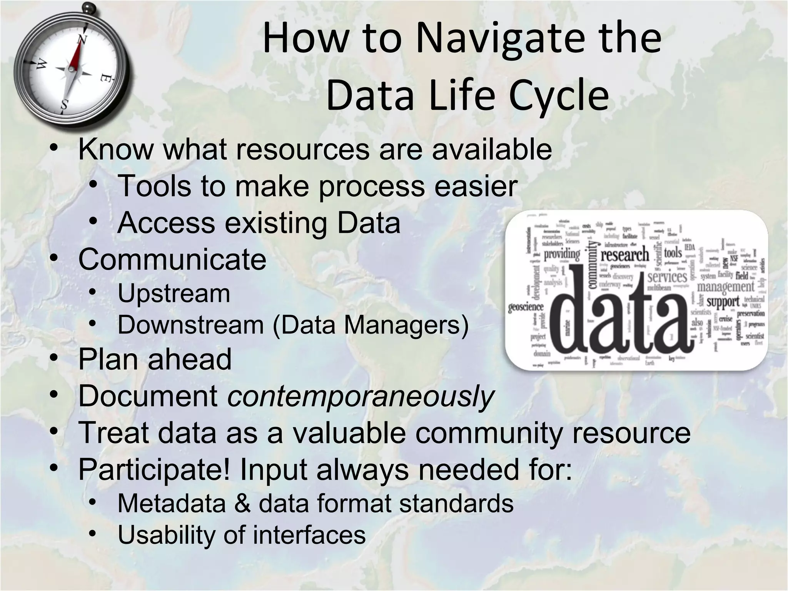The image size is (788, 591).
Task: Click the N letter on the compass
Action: click(82, 40)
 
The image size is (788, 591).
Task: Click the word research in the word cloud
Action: click(624, 255)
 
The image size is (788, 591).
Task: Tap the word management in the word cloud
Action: click(725, 287)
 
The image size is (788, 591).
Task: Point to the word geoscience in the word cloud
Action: click(526, 307)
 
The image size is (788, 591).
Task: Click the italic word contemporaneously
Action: click(360, 396)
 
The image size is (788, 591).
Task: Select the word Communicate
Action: click(172, 259)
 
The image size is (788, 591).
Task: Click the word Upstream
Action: click(174, 294)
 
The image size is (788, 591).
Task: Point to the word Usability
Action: click(166, 535)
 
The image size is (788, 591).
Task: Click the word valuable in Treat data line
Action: click(349, 433)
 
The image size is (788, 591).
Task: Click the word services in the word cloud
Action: click(667, 277)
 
